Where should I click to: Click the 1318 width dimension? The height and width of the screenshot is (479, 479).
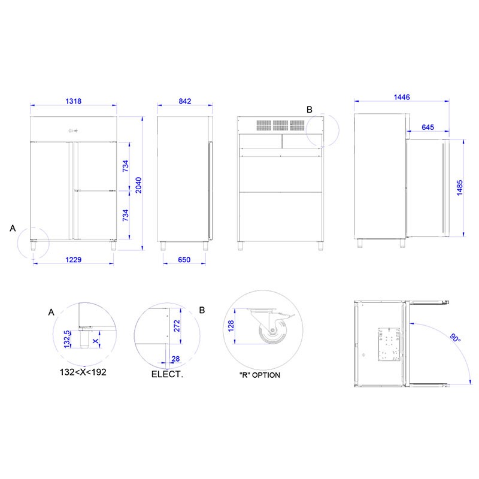point(73,101)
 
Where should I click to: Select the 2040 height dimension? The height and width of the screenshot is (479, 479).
point(139,185)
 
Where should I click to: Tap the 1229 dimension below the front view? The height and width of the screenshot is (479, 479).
point(73,260)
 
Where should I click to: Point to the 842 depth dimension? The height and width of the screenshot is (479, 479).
point(185,101)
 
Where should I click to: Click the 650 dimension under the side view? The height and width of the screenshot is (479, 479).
point(184,260)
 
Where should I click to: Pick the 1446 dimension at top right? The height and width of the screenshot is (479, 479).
point(402,97)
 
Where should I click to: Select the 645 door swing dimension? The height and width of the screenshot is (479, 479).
point(428,127)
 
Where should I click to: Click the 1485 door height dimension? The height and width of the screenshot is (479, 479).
point(460,187)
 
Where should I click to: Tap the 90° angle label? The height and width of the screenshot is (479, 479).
point(455,338)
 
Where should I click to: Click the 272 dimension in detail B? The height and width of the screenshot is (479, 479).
point(177,326)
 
